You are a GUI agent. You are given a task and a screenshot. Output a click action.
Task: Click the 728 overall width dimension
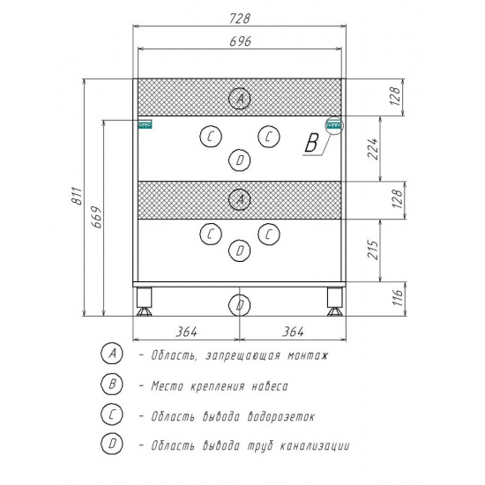[x=239, y=19]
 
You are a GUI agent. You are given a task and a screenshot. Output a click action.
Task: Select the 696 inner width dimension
[x=240, y=41]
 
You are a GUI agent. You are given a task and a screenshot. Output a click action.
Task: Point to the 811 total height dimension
[x=77, y=196]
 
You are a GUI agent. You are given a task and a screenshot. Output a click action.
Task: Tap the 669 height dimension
[x=96, y=217]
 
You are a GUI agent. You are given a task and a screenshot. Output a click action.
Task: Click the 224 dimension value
[x=373, y=149]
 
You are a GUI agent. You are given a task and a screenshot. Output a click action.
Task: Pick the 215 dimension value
[x=373, y=250]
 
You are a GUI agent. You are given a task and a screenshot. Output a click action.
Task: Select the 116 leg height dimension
[x=398, y=297]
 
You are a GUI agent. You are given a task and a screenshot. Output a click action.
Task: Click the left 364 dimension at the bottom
[x=187, y=332]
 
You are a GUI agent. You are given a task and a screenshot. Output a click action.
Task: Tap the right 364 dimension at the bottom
[x=293, y=332]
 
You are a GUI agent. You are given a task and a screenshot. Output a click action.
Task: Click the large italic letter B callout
[x=311, y=143]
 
